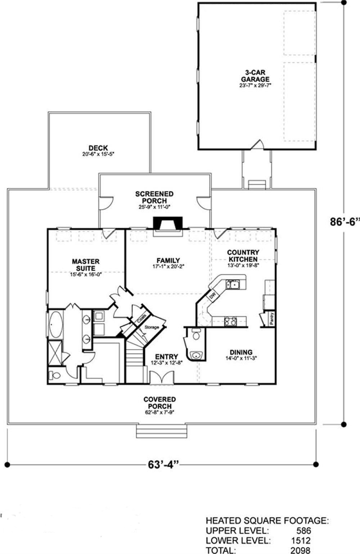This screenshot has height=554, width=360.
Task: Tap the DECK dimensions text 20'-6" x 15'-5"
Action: coord(98,154)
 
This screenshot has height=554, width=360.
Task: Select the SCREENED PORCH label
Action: coord(154,197)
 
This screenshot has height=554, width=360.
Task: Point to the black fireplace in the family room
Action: coord(168,223)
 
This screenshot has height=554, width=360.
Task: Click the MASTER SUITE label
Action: coord(86,265)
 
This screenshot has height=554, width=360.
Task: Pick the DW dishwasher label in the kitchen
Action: coord(212,296)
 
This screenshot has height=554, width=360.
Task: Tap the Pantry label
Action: coord(272,319)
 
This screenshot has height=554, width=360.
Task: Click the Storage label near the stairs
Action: coord(152,327)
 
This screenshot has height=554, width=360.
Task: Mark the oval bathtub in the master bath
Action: coord(55,324)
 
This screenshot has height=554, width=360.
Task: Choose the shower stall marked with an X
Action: coord(55,353)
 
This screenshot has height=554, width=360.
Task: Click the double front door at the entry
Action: coord(162,378)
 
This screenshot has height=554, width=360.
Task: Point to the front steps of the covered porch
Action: coord(162,431)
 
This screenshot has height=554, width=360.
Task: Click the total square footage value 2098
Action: coord(300,550)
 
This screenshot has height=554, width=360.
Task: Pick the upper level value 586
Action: coord(303,530)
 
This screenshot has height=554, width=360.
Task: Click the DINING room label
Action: coord(241,352)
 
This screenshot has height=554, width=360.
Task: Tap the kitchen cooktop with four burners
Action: coord(230,321)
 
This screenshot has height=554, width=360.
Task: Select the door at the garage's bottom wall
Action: coord(257,145)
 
